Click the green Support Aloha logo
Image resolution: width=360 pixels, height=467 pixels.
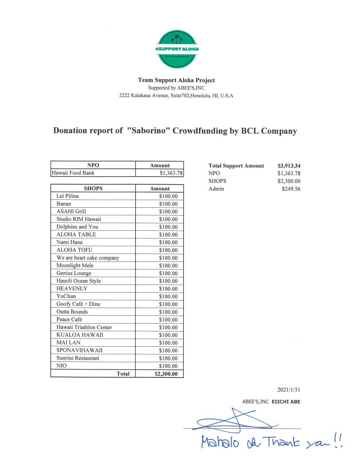177,49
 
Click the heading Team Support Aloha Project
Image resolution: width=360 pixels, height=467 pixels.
176,80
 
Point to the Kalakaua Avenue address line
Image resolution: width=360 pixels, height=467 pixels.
176,95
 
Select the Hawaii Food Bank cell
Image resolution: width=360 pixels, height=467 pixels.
73,173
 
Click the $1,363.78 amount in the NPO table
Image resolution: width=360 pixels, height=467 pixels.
171,173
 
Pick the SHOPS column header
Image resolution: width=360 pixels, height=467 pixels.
93,189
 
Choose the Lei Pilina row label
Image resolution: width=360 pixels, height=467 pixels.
67,196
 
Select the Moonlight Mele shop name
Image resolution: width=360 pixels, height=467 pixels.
75,265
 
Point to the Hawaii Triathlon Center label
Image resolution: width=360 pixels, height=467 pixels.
84,327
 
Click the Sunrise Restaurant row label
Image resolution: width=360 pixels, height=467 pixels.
78,358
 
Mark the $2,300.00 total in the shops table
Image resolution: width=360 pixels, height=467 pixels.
166,374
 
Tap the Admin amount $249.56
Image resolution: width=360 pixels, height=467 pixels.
291,189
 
